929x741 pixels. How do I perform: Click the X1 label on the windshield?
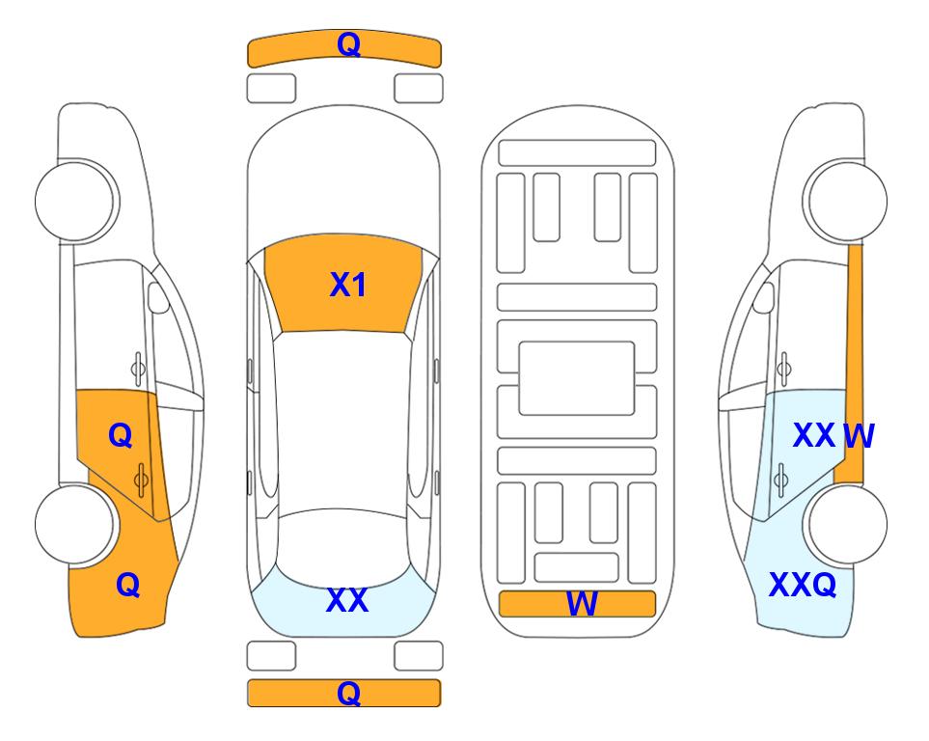click(x=348, y=285)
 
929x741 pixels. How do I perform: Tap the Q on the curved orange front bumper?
click(x=348, y=43)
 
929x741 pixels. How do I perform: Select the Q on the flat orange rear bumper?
click(x=348, y=693)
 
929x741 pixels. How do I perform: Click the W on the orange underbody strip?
click(x=582, y=604)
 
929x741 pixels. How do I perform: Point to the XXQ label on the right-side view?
click(x=803, y=585)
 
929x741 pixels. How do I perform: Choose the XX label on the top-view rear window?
click(x=347, y=600)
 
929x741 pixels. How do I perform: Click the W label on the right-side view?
click(x=859, y=436)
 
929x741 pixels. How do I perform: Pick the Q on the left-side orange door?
click(x=121, y=436)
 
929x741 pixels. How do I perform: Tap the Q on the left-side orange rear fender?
click(x=128, y=585)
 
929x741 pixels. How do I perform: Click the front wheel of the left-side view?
click(x=75, y=201)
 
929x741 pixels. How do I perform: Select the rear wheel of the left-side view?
click(x=75, y=524)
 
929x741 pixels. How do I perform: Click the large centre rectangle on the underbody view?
click(x=577, y=378)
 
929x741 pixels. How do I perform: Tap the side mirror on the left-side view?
click(x=158, y=297)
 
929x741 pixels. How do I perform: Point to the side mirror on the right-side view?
click(x=763, y=297)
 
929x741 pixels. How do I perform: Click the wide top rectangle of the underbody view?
click(x=577, y=153)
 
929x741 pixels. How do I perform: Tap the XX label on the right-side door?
click(x=814, y=436)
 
